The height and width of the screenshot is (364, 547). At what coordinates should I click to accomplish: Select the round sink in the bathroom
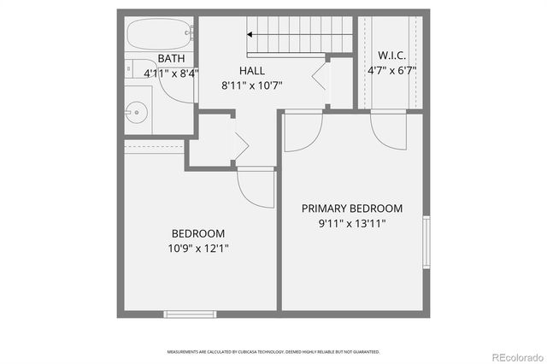[x=135, y=110]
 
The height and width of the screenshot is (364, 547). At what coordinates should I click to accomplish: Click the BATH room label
[x=171, y=59]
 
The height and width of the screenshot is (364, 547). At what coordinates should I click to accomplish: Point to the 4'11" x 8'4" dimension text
[x=171, y=73]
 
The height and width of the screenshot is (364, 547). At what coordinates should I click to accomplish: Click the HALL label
[x=251, y=72]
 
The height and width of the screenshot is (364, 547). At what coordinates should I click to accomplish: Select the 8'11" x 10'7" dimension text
[x=251, y=85]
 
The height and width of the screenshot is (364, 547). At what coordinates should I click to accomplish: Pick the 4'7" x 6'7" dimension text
[x=391, y=71]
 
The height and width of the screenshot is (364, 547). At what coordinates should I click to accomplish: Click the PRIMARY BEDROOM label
[x=352, y=208]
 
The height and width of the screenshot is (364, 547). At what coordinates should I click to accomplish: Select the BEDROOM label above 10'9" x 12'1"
[x=198, y=233]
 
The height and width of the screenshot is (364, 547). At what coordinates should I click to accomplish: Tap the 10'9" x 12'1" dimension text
[x=198, y=249]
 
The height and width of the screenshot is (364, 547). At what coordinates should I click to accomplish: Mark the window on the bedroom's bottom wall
[x=189, y=314]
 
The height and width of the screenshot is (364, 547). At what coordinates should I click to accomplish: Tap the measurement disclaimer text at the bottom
[x=273, y=351]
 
